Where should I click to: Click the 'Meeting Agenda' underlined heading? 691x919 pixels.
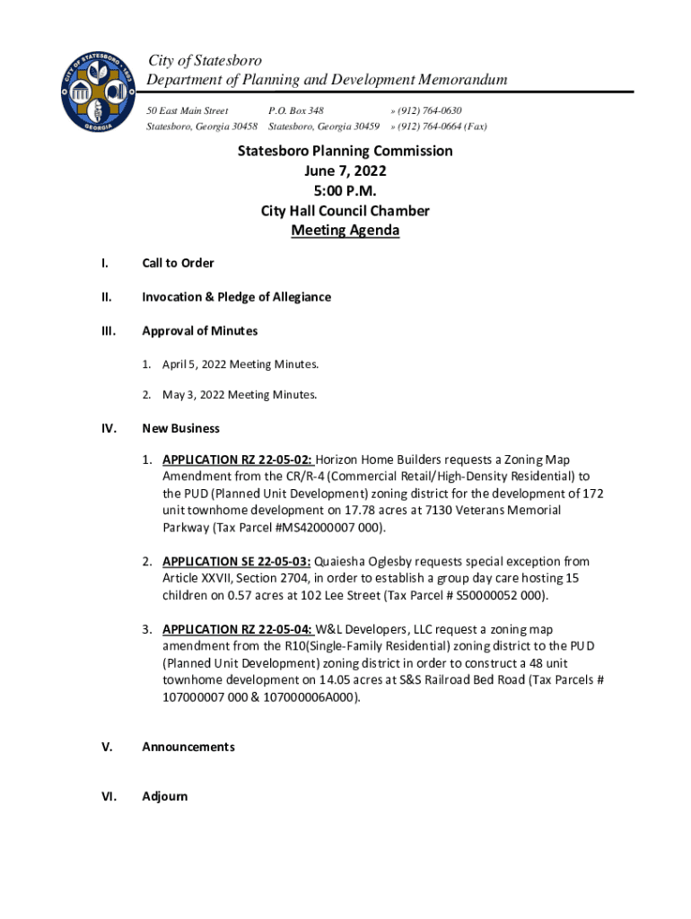(x=345, y=231)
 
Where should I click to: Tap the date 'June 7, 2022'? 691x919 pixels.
(x=345, y=171)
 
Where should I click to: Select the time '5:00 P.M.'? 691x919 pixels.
(x=345, y=191)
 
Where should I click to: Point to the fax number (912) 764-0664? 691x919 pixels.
(x=440, y=127)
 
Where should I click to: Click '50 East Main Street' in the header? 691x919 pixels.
(x=188, y=110)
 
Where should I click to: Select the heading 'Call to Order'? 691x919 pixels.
(x=178, y=263)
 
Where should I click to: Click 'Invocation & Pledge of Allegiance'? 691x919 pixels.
(x=236, y=297)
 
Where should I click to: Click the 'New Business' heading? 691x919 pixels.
(x=180, y=429)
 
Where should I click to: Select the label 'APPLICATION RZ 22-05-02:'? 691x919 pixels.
(x=237, y=459)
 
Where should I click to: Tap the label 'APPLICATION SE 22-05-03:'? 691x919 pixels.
(x=237, y=562)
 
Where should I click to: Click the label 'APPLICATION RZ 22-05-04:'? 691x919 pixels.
(x=237, y=629)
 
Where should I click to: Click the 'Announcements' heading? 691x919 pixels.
(x=188, y=747)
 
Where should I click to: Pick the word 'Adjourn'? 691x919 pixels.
(x=165, y=796)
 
